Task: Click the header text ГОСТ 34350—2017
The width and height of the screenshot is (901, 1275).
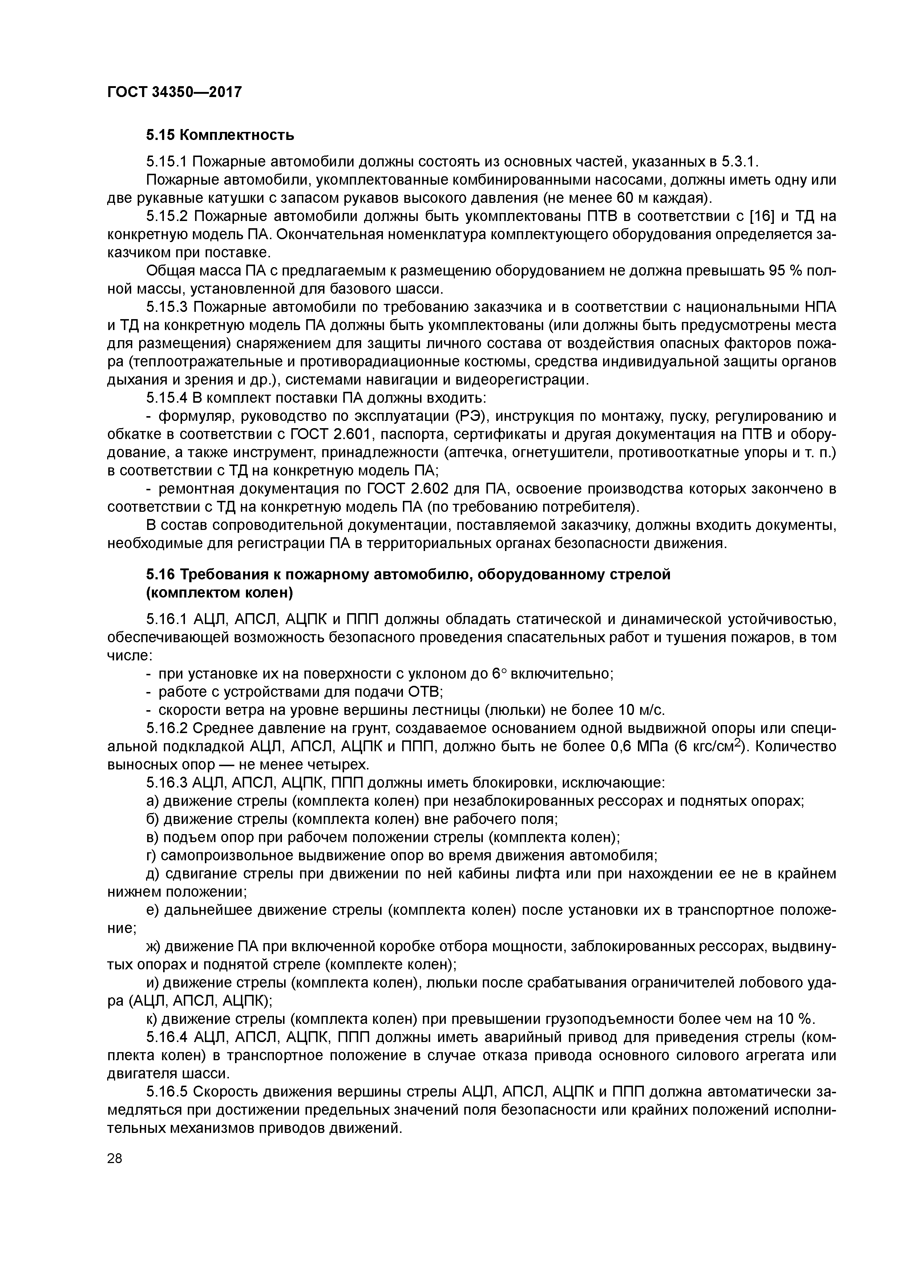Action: (x=174, y=92)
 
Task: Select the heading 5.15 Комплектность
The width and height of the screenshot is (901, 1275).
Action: (x=220, y=135)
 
